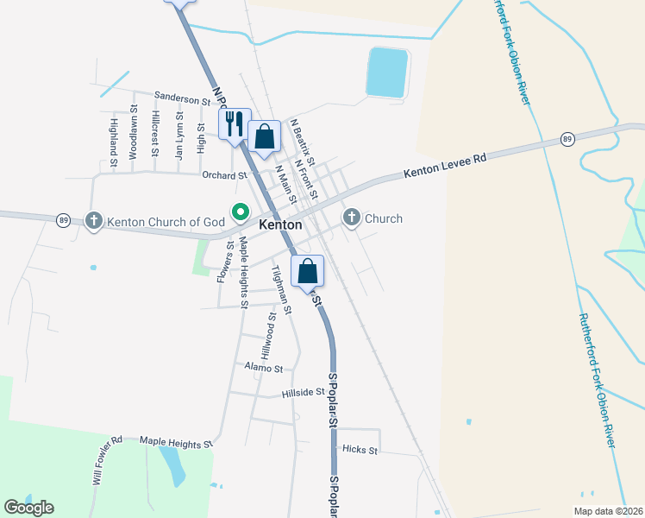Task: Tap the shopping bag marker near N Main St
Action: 265,136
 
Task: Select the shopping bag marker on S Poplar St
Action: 308,270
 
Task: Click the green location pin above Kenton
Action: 240,211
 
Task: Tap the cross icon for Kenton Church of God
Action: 94,221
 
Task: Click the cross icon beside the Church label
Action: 352,218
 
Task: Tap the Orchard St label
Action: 224,175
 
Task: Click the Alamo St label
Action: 264,369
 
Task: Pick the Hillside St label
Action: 303,393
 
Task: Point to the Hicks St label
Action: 360,450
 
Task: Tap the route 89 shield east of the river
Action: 567,139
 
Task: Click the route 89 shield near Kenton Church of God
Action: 64,220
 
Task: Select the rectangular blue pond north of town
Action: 388,72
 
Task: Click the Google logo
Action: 28,508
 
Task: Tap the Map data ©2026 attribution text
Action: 608,511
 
